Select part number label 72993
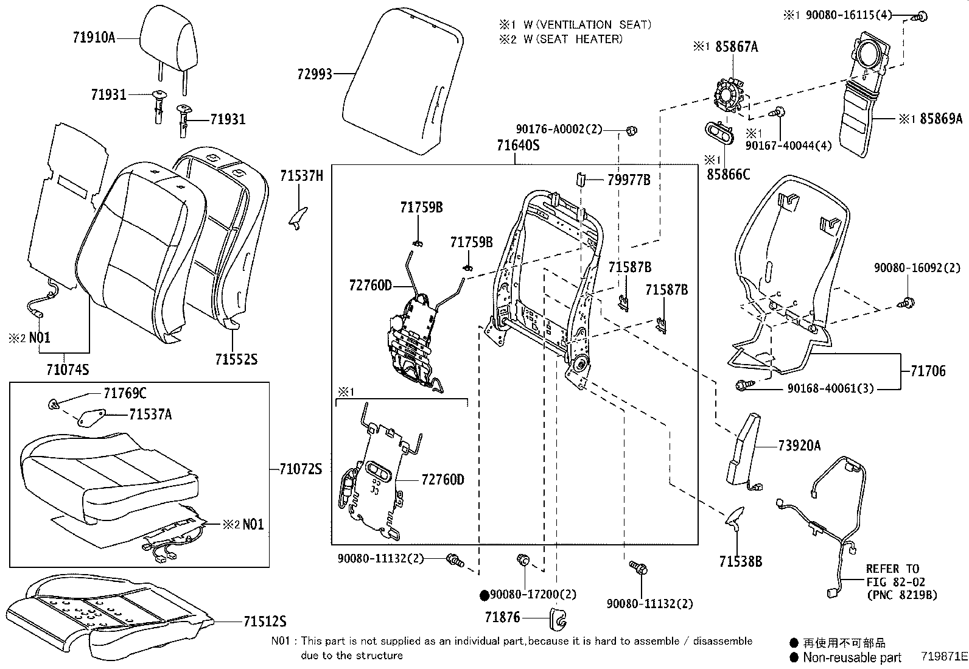pyautogui.click(x=315, y=74)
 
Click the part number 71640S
pyautogui.click(x=518, y=145)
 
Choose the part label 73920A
pyautogui.click(x=799, y=446)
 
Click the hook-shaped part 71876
pyautogui.click(x=559, y=617)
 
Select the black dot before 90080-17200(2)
pyautogui.click(x=484, y=595)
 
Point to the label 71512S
pyautogui.click(x=265, y=622)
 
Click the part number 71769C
pyautogui.click(x=125, y=393)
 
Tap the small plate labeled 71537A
pyautogui.click(x=90, y=417)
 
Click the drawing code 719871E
pyautogui.click(x=943, y=656)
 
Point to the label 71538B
pyautogui.click(x=740, y=561)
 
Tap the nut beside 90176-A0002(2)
pyautogui.click(x=631, y=130)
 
